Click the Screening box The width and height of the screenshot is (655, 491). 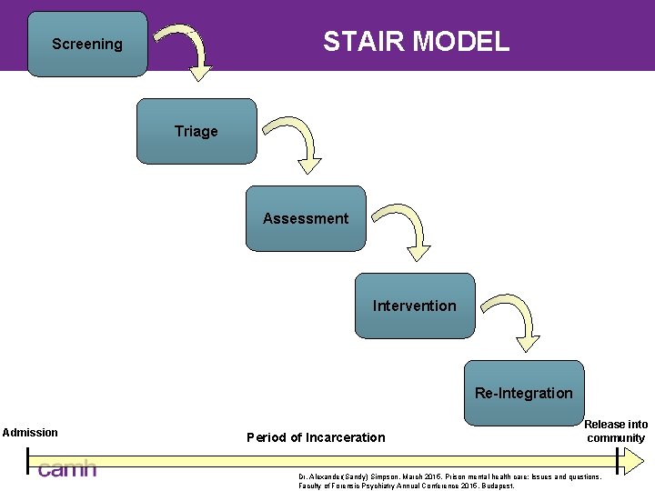87,44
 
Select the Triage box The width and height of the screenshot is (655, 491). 196,131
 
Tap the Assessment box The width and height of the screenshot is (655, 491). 306,218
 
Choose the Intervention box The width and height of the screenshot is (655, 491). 415,306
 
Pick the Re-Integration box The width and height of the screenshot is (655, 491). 524,393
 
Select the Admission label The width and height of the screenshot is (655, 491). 30,433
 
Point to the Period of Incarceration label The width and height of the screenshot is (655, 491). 316,437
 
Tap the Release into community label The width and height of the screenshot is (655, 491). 616,431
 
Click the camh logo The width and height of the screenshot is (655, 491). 66,469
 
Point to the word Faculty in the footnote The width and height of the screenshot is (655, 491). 312,486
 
